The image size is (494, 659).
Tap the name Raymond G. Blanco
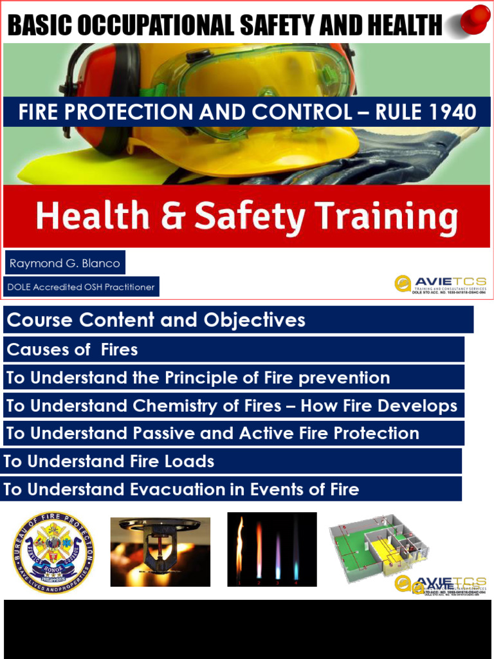tap(64, 264)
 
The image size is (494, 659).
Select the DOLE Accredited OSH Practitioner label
tap(81, 287)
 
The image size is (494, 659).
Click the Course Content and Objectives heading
tap(156, 320)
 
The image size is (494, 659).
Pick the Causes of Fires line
tap(72, 349)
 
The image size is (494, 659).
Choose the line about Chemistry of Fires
tap(232, 406)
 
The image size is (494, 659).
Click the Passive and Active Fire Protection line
tap(212, 434)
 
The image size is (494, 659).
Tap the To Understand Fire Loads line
tap(109, 461)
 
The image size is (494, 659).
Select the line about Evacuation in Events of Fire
tap(181, 489)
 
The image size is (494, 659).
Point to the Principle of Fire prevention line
tap(198, 378)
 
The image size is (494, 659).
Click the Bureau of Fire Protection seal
tap(53, 552)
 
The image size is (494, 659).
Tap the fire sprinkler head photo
tap(160, 552)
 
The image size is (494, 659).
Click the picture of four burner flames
tap(271, 549)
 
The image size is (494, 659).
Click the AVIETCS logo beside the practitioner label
tap(441, 284)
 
